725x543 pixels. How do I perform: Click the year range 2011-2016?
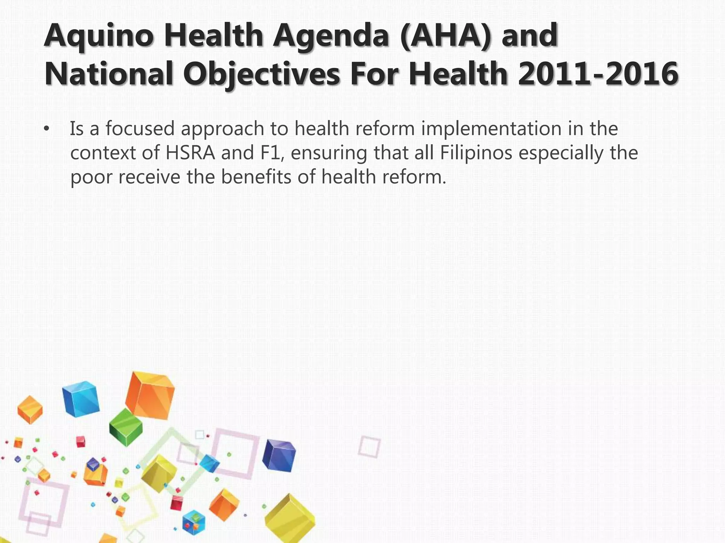598,74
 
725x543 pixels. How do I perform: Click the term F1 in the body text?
270,153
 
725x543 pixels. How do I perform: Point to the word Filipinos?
476,153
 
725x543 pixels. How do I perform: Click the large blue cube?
81,399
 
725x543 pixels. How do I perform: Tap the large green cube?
126,427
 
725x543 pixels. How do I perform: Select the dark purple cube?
279,455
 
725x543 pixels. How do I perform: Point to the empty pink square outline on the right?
369,446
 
